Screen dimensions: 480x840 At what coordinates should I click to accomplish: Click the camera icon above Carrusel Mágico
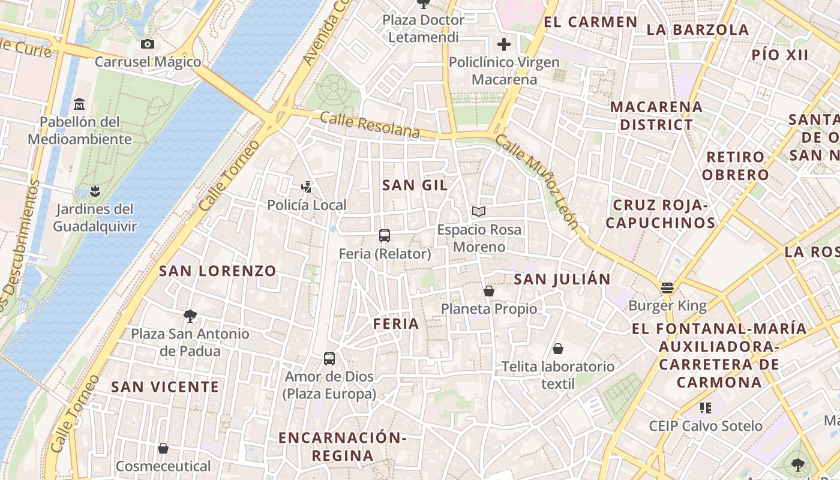(x=147, y=44)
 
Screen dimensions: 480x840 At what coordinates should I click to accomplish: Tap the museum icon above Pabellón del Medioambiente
(x=79, y=104)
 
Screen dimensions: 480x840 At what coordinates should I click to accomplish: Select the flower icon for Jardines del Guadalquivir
(x=94, y=192)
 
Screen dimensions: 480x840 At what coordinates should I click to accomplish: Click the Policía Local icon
(x=307, y=187)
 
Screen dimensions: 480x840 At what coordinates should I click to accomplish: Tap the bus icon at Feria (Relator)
(x=385, y=236)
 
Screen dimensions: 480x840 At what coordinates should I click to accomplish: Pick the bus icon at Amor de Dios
(x=329, y=359)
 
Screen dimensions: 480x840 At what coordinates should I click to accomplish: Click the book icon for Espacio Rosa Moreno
(x=478, y=211)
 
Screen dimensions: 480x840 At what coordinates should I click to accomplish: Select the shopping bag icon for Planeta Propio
(x=489, y=291)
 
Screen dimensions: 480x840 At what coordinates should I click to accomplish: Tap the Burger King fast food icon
(x=667, y=288)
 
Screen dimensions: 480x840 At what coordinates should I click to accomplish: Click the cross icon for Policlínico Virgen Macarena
(x=504, y=44)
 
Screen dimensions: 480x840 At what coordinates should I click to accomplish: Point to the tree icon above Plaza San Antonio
(x=190, y=316)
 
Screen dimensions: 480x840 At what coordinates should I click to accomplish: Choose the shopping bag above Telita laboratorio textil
(x=558, y=349)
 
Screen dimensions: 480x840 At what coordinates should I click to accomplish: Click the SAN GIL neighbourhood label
(x=415, y=185)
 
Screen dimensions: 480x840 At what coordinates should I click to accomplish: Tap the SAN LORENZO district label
(x=217, y=271)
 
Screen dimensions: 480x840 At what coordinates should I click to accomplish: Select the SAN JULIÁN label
(x=562, y=279)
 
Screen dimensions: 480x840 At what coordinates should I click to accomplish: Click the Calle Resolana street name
(x=370, y=125)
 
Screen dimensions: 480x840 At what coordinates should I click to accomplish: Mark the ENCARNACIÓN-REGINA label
(x=343, y=446)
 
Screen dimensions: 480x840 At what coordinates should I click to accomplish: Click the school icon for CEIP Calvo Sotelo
(x=706, y=408)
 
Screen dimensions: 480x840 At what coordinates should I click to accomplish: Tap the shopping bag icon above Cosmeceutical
(x=163, y=448)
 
